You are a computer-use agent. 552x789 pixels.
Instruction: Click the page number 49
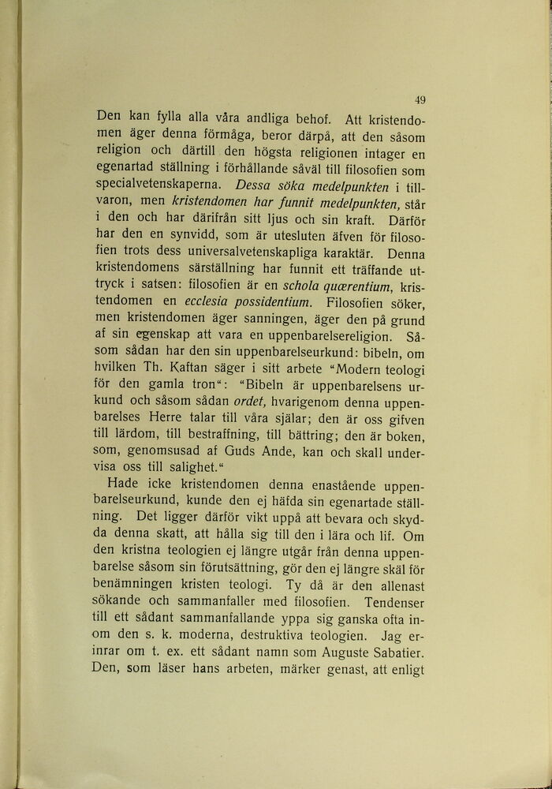[x=420, y=99]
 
